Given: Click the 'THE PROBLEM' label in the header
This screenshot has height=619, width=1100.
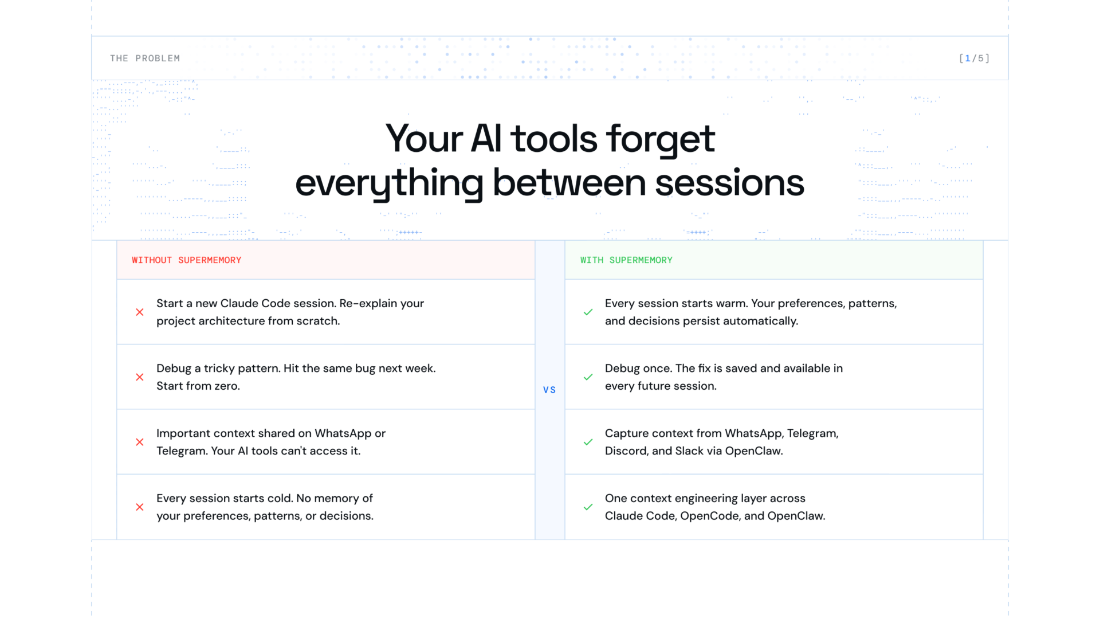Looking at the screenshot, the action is (145, 58).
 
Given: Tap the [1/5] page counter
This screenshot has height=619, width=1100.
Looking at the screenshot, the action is (974, 58).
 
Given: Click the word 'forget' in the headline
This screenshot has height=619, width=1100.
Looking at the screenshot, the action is (661, 139).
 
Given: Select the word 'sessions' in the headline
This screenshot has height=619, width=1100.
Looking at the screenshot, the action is (729, 183).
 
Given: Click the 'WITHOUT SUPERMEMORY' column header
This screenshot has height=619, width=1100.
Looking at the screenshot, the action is (187, 260).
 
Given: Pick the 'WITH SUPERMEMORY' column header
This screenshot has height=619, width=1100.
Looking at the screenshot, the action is (626, 260).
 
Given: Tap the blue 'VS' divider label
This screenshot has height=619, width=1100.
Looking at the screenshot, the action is (549, 390).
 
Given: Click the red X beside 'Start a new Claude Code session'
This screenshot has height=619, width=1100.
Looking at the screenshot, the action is (140, 312).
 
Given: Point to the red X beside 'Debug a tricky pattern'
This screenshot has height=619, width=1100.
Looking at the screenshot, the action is (140, 377).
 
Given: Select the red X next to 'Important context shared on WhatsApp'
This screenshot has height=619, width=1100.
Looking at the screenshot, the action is (140, 442).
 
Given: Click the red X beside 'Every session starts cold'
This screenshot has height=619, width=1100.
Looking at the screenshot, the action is (140, 507).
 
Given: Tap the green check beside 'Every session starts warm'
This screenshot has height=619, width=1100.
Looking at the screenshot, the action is (588, 312).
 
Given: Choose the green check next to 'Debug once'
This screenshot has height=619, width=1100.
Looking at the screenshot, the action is (588, 377).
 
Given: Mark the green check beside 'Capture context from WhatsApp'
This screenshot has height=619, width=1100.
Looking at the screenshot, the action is (588, 442).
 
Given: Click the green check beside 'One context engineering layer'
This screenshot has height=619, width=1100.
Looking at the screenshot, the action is (588, 507).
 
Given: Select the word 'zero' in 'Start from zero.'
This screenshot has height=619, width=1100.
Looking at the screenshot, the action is (227, 386).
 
